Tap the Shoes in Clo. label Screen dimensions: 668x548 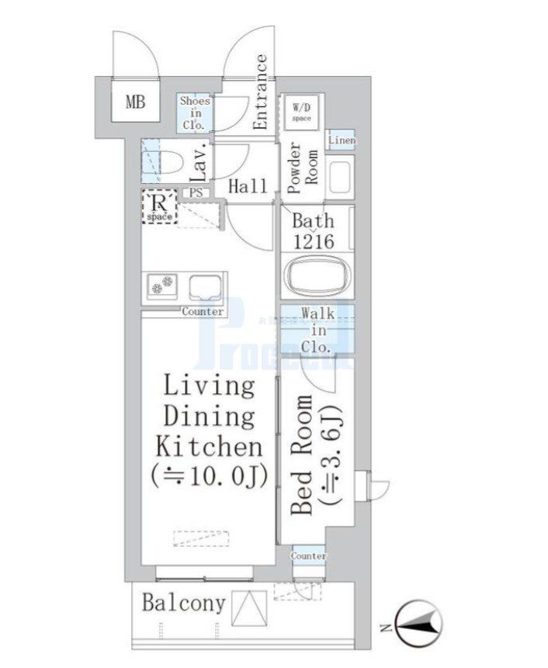pos(195,112)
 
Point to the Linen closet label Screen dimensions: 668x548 pos(341,140)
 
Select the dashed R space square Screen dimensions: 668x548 pos(160,208)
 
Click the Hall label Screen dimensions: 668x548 pos(248,186)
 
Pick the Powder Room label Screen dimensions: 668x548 pos(303,163)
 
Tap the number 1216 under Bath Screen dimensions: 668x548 pos(313,241)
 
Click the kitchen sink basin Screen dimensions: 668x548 pos(206,288)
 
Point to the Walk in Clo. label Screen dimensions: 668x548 pos(318,330)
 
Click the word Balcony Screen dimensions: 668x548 pos(183,603)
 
